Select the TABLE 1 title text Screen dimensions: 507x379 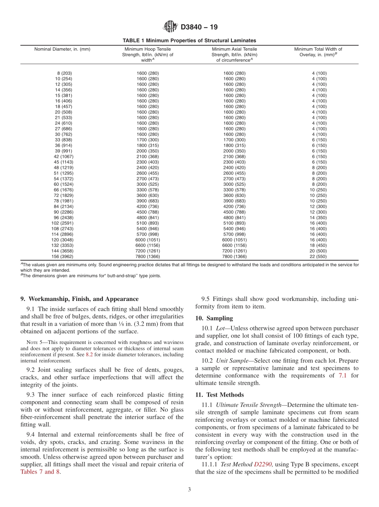pyautogui.click(x=189, y=41)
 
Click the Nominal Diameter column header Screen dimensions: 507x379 pyautogui.click(x=62, y=49)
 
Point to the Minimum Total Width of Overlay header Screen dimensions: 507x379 pyautogui.click(x=318, y=52)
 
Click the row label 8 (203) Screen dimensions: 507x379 pyautogui.click(x=64, y=73)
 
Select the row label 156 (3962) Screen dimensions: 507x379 pyautogui.click(x=62, y=257)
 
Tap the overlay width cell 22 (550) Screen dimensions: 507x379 pyautogui.click(x=318, y=257)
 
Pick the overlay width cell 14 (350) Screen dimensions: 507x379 pyautogui.click(x=318, y=218)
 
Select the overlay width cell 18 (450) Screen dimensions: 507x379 pyautogui.click(x=318, y=246)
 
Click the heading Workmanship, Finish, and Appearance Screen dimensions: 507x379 pyautogui.click(x=79, y=299)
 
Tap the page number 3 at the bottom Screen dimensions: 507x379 pyautogui.click(x=189, y=490)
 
